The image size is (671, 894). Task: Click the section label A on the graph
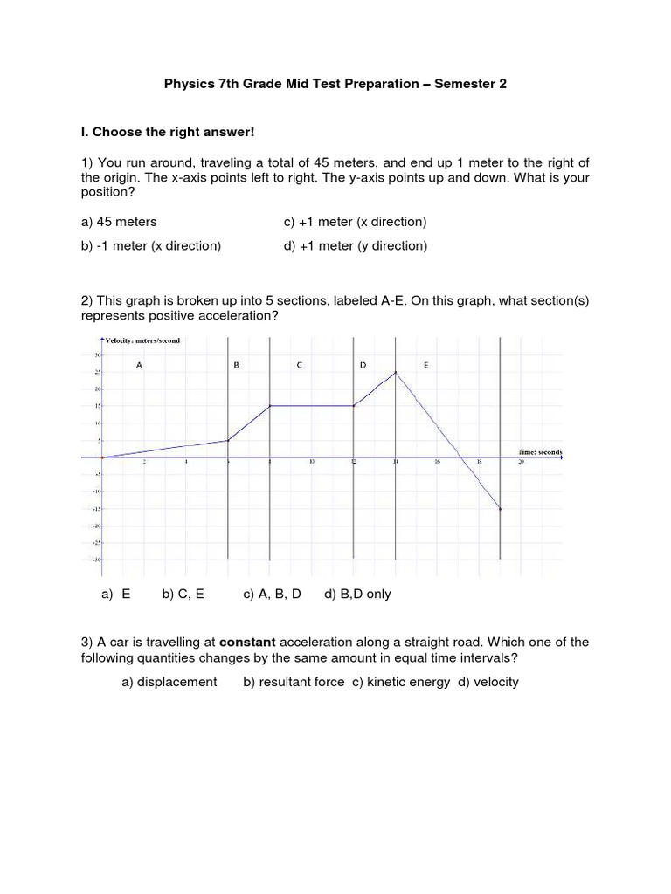(x=139, y=366)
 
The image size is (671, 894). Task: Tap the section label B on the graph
(x=236, y=366)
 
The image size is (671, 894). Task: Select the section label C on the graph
(x=299, y=366)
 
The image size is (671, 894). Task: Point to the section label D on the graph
(x=363, y=366)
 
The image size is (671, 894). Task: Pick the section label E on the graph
(x=425, y=366)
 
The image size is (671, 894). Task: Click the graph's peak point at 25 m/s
(x=396, y=373)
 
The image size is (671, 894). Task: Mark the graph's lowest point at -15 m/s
(x=500, y=509)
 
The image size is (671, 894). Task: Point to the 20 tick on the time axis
(x=521, y=464)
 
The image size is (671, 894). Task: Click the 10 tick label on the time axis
(x=311, y=464)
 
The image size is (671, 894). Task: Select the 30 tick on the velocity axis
(x=97, y=354)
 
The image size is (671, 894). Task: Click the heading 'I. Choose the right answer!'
(x=166, y=133)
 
